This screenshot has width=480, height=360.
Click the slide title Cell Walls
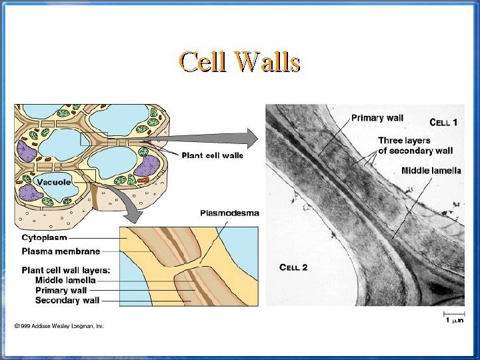pyautogui.click(x=239, y=61)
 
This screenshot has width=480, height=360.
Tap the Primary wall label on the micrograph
pyautogui.click(x=377, y=118)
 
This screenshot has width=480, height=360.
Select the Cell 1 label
pyautogui.click(x=443, y=122)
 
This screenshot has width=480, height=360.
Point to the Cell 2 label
pyautogui.click(x=293, y=267)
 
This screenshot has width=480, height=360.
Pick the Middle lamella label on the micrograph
pyautogui.click(x=431, y=171)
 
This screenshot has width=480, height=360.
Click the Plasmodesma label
pyautogui.click(x=229, y=213)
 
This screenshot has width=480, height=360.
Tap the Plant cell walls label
pyautogui.click(x=213, y=155)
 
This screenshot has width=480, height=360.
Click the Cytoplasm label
pyautogui.click(x=44, y=237)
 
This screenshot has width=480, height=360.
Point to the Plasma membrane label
pyautogui.click(x=61, y=251)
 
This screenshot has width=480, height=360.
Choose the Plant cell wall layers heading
pyautogui.click(x=66, y=270)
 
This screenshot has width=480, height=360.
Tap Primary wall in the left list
pyautogui.click(x=61, y=290)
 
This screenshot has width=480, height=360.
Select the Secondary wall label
pyautogui.click(x=67, y=300)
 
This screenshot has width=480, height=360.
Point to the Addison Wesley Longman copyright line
pyautogui.click(x=59, y=326)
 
